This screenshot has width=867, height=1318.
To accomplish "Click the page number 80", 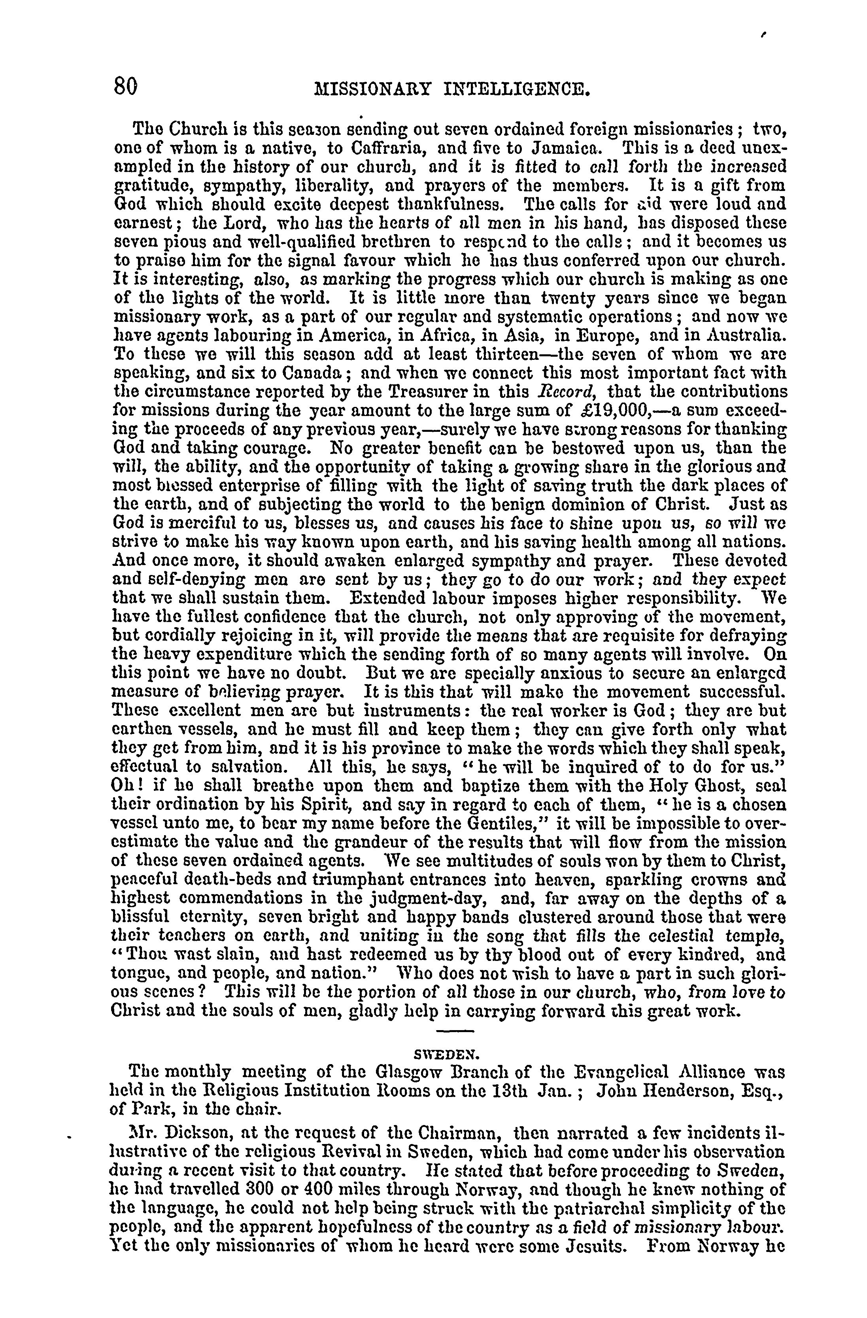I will pyautogui.click(x=126, y=87).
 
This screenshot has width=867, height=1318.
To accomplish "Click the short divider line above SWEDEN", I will pyautogui.click(x=455, y=1031).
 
